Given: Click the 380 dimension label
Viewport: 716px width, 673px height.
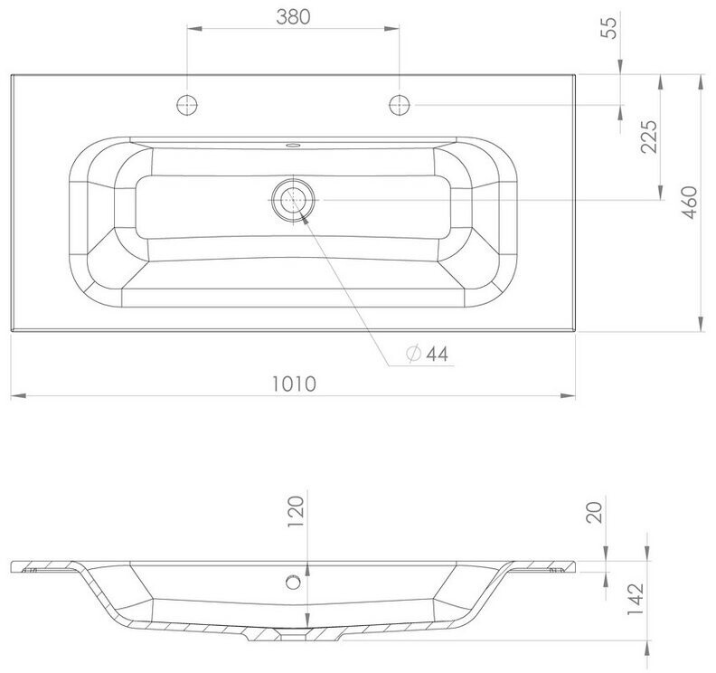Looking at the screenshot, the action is pos(293,17).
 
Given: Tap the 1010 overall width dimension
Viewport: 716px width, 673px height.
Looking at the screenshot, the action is pos(294,384).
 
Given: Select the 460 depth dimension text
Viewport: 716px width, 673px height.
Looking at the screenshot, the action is pos(690,203).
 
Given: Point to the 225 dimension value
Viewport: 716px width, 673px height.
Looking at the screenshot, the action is pos(648,137).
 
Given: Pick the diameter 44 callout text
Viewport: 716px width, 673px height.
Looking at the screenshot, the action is pos(428,354).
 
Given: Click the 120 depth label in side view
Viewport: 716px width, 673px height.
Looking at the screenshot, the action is pos(296,511).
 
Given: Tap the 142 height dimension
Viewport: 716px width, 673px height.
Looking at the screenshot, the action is pos(636,599).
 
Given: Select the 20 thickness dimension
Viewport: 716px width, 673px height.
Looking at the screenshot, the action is pos(596,512).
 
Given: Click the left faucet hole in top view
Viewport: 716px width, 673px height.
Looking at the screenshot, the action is pos(187,105).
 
